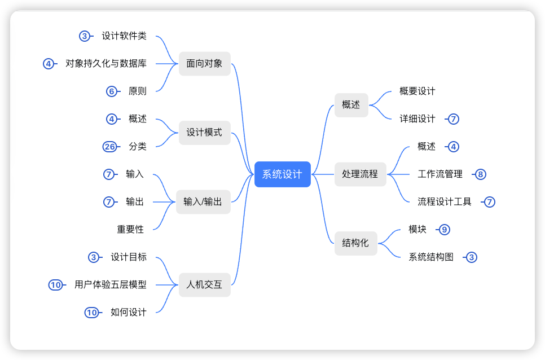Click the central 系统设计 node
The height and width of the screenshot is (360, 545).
[282, 174]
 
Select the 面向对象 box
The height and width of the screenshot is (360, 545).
[204, 64]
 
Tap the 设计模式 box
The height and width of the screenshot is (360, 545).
[204, 133]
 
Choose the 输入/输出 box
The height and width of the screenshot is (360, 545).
[203, 202]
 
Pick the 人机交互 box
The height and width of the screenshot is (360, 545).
[204, 285]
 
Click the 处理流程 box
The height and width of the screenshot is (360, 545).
[360, 174]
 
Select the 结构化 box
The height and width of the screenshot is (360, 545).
[355, 243]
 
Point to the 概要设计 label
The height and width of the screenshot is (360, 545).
[417, 91]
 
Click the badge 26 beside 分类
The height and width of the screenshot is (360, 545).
[109, 147]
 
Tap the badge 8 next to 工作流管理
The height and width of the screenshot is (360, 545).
[481, 174]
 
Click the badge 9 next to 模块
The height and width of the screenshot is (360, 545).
[445, 230]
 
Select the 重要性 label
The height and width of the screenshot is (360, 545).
[130, 230]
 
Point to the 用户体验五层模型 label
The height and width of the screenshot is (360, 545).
[111, 285]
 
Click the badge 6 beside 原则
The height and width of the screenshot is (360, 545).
[112, 91]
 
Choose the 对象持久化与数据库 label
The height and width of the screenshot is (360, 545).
[106, 64]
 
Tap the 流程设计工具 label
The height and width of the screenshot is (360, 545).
[445, 202]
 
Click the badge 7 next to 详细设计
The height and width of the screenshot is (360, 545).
[454, 119]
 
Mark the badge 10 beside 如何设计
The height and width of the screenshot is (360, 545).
[91, 313]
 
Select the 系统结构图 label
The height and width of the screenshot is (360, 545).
[431, 257]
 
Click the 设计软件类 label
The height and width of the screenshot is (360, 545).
[124, 36]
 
